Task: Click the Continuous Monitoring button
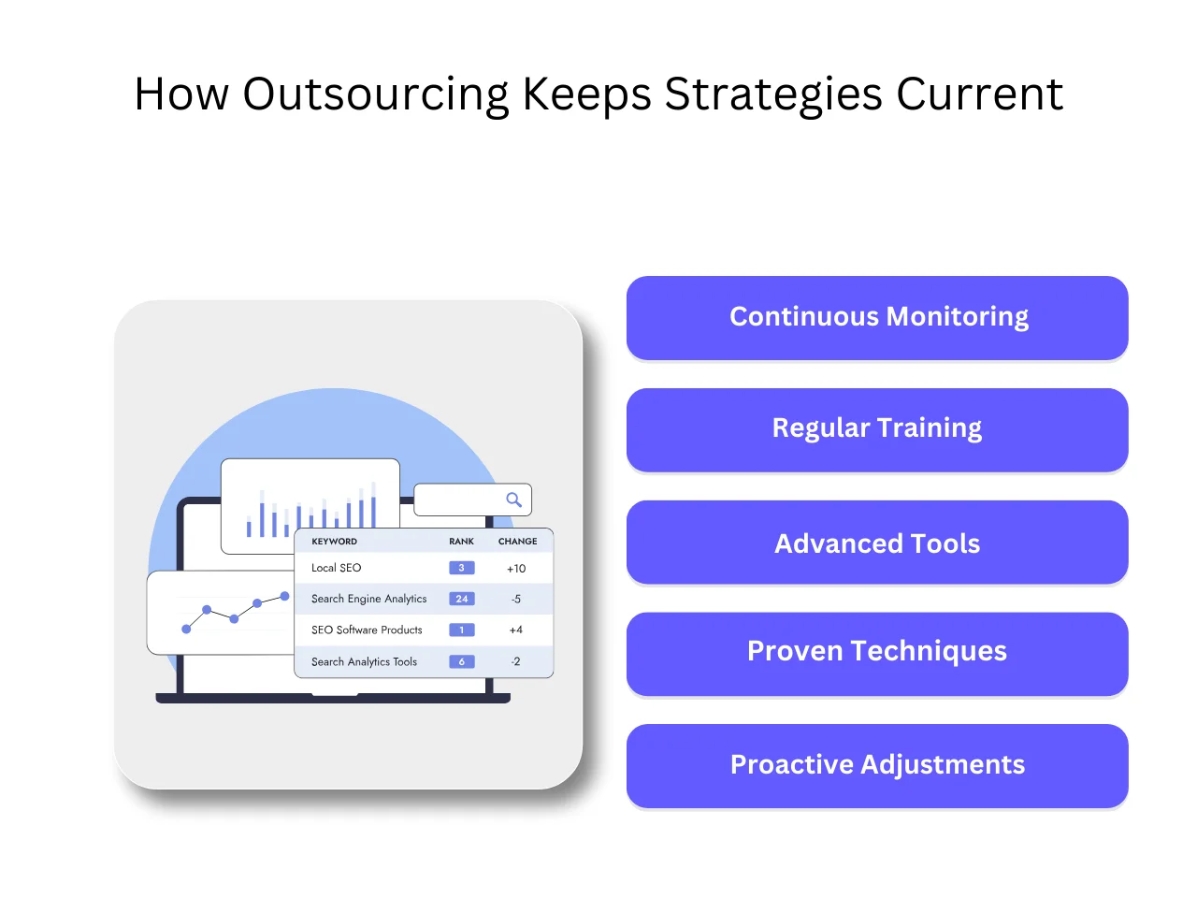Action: pyautogui.click(x=877, y=317)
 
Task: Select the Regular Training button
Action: pyautogui.click(x=877, y=429)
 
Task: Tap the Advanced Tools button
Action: pyautogui.click(x=877, y=543)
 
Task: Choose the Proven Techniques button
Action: pyautogui.click(x=877, y=652)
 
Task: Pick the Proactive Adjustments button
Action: pyautogui.click(x=877, y=765)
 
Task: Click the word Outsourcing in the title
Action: pyautogui.click(x=375, y=94)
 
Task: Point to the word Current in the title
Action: pyautogui.click(x=979, y=94)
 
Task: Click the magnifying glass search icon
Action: pyautogui.click(x=513, y=500)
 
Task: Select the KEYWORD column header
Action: pyautogui.click(x=334, y=542)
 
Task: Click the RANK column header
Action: pyautogui.click(x=461, y=542)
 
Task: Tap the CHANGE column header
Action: pyautogui.click(x=517, y=542)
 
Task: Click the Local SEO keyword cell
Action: pyautogui.click(x=336, y=568)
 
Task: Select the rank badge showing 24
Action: pyautogui.click(x=462, y=599)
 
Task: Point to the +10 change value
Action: pyautogui.click(x=516, y=569)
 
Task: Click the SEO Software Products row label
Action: pyautogui.click(x=367, y=630)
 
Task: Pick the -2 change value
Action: pyautogui.click(x=516, y=661)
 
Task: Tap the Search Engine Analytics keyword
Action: pyautogui.click(x=368, y=599)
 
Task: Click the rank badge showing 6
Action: pyautogui.click(x=462, y=661)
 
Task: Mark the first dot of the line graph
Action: pyautogui.click(x=186, y=630)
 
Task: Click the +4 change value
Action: pyautogui.click(x=516, y=630)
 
